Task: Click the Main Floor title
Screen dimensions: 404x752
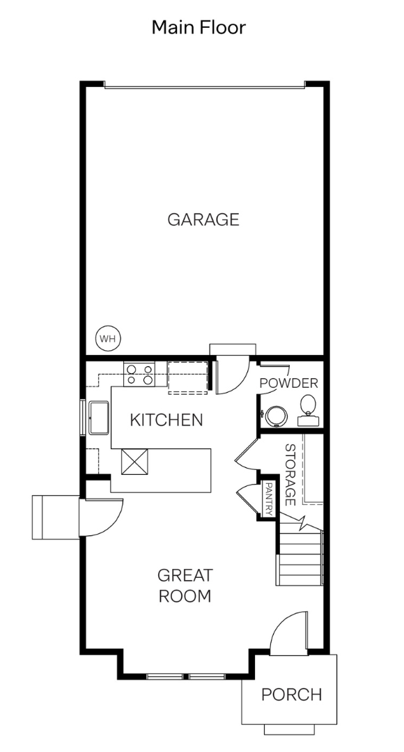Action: click(199, 27)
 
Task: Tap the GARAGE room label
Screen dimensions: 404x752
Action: click(203, 219)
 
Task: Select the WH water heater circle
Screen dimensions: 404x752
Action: click(108, 338)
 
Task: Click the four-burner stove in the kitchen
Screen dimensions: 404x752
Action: click(139, 374)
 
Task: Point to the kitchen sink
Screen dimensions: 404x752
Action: click(99, 418)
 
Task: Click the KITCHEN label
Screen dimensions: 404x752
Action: click(166, 420)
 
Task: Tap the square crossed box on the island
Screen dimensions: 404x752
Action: click(134, 462)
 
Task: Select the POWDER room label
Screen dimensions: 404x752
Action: click(288, 383)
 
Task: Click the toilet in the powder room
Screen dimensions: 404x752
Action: click(308, 410)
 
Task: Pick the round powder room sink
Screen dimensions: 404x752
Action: click(277, 416)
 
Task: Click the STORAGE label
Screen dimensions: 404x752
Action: click(290, 474)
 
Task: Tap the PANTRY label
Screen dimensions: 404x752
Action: click(269, 499)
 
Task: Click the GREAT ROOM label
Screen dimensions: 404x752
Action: click(185, 586)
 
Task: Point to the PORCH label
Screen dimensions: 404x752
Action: click(291, 694)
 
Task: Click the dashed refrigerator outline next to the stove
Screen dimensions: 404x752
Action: click(187, 378)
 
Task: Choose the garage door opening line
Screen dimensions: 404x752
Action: click(205, 87)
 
